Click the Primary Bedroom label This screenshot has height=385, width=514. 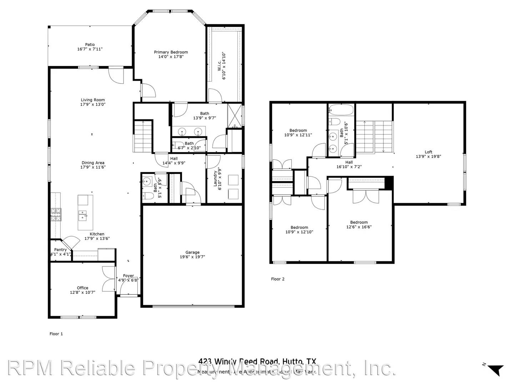[x=171, y=52]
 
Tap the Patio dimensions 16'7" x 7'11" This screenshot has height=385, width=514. [x=90, y=49]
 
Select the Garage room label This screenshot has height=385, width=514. [x=192, y=252]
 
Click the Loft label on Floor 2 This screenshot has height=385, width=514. [x=428, y=152]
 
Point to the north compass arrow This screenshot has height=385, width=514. [x=495, y=370]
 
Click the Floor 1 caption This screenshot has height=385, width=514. [x=56, y=334]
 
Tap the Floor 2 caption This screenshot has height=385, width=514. [x=278, y=279]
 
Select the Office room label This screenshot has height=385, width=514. [x=82, y=288]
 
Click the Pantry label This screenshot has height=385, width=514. [x=61, y=250]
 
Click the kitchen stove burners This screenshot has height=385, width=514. [x=56, y=215]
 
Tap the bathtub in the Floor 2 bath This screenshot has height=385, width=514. [x=341, y=110]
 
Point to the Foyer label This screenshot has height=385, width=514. [x=128, y=276]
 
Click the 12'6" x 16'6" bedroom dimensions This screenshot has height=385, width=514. [x=359, y=227]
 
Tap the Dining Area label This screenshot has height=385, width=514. [x=93, y=163]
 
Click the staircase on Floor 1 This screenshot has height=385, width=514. [x=143, y=136]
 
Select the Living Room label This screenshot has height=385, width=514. [x=93, y=100]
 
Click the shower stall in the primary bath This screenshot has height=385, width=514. [x=234, y=115]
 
